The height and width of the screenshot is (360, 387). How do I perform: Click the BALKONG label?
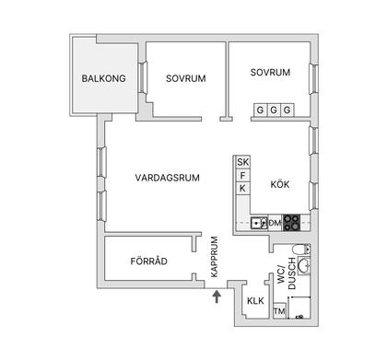102,77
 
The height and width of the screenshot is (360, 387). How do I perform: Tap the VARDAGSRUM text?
161,177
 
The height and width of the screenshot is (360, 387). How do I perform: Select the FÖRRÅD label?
149,261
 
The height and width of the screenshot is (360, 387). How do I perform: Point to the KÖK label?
279,184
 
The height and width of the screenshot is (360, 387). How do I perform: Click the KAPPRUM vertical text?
214,257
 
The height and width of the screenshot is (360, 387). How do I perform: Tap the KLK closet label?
255,301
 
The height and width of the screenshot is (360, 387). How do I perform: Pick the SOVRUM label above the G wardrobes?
271,71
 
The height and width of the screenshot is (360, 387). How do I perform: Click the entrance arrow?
217,296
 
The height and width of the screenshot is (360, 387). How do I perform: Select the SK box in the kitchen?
243,163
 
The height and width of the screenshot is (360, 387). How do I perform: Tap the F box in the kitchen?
243,176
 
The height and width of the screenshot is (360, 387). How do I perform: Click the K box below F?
243,189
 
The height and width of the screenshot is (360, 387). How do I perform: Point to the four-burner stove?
291,221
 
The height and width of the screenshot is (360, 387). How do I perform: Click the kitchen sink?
259,222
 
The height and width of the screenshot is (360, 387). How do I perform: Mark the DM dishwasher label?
275,222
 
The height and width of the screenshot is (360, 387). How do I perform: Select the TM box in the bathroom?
279,312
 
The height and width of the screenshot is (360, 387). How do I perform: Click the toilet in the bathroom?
298,253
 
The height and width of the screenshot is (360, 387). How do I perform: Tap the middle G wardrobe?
274,110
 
